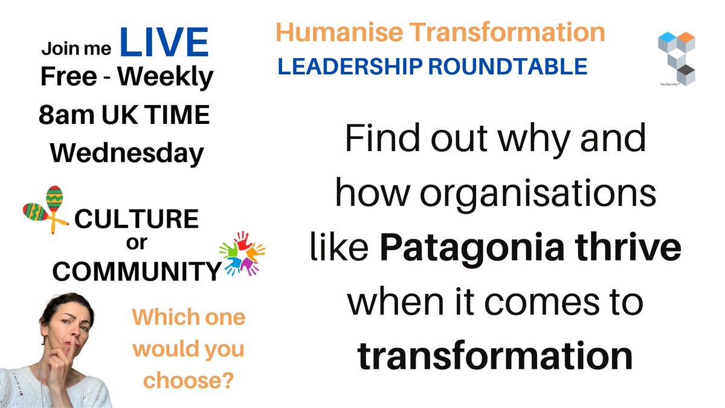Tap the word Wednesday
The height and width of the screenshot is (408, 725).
click(126, 154)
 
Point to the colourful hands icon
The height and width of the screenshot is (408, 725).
click(242, 253)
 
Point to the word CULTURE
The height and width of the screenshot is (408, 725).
click(136, 219)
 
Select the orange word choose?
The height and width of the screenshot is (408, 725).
click(190, 381)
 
